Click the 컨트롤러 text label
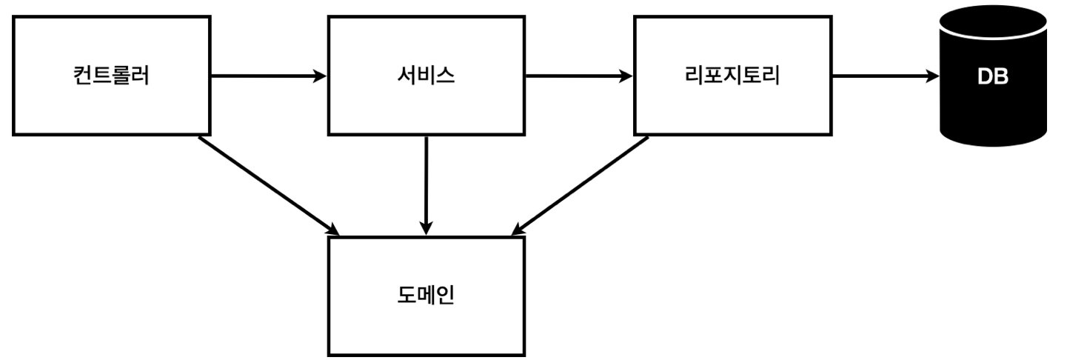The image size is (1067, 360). pyautogui.click(x=112, y=76)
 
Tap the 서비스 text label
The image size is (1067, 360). pyautogui.click(x=427, y=76)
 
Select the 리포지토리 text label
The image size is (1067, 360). pyautogui.click(x=732, y=76)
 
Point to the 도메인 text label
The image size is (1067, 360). pyautogui.click(x=427, y=295)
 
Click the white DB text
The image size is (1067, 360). pyautogui.click(x=993, y=76)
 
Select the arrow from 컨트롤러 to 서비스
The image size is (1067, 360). pyautogui.click(x=269, y=76)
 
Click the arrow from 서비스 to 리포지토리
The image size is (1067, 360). pyautogui.click(x=579, y=76)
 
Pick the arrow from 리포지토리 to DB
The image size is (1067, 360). pyautogui.click(x=886, y=76)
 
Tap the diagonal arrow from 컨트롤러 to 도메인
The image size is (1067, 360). pyautogui.click(x=269, y=186)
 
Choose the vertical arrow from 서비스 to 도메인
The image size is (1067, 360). pyautogui.click(x=427, y=186)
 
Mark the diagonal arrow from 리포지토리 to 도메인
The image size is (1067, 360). pyautogui.click(x=580, y=186)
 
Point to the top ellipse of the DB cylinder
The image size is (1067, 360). pyautogui.click(x=993, y=22)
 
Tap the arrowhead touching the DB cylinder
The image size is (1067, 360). pyautogui.click(x=932, y=76)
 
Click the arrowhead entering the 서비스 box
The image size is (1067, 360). pyautogui.click(x=320, y=76)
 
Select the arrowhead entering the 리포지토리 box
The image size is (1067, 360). pyautogui.click(x=626, y=76)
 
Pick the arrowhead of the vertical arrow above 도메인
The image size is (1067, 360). pyautogui.click(x=427, y=228)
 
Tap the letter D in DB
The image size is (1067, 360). pyautogui.click(x=985, y=76)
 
